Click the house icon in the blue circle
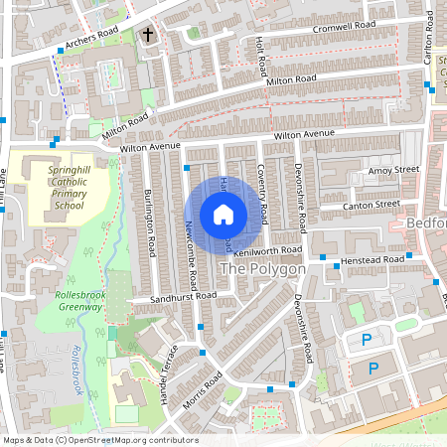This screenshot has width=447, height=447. (x=223, y=214)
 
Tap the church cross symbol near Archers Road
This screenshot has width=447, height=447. (x=148, y=35)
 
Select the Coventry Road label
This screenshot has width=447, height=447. (x=262, y=194)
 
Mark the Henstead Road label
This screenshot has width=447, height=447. (x=373, y=258)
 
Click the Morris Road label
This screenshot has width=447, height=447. (x=202, y=394)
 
